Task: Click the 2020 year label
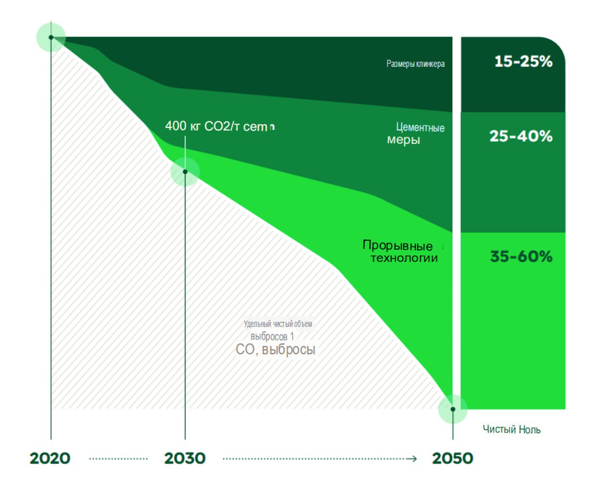50,458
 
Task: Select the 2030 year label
185,458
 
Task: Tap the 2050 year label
453,458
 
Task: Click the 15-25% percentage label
523,61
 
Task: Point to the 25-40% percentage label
521,136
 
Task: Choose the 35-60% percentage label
521,257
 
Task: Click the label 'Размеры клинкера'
416,64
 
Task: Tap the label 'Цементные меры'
416,134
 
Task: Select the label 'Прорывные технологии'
400,252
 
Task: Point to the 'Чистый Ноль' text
512,430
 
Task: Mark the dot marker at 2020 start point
51,37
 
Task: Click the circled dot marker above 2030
185,172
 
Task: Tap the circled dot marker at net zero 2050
453,409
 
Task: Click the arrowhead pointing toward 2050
412,459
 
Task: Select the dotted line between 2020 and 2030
118,459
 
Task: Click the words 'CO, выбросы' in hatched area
275,350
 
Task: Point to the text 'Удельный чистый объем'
278,324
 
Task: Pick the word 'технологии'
404,258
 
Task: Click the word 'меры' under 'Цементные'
404,140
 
